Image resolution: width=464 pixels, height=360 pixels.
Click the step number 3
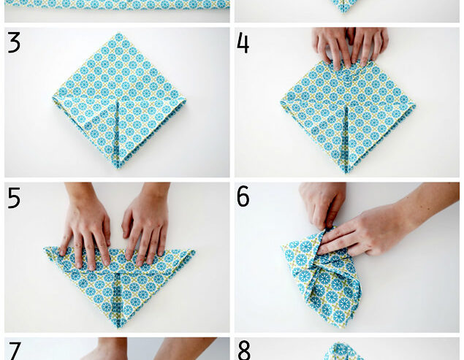click(14, 43)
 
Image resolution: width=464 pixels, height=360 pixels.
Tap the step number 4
click(243, 43)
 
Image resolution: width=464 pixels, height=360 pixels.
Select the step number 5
click(14, 198)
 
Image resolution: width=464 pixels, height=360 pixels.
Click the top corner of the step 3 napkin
click(119, 34)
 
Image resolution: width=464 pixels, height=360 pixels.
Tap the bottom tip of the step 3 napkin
click(117, 168)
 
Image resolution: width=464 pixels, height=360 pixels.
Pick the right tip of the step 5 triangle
click(194, 253)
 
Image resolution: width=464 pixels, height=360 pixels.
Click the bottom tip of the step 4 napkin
click(346, 172)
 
